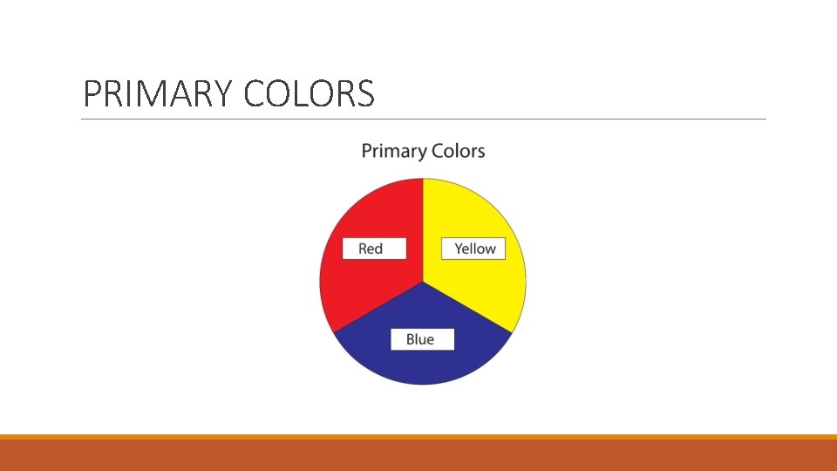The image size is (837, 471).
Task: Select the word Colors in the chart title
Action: point(454,151)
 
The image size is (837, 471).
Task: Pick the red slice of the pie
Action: point(366,288)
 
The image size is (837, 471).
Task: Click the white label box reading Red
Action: point(371,249)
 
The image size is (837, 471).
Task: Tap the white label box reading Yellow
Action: point(474,249)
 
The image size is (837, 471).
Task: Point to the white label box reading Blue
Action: point(420,339)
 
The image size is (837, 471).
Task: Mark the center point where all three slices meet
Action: point(423,282)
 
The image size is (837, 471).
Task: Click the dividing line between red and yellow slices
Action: point(423,227)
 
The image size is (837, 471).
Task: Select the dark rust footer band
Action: point(418,456)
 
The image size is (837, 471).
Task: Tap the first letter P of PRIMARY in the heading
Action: point(91,94)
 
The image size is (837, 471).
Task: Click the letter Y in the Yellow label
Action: point(459,249)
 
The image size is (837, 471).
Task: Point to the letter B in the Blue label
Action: point(410,339)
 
